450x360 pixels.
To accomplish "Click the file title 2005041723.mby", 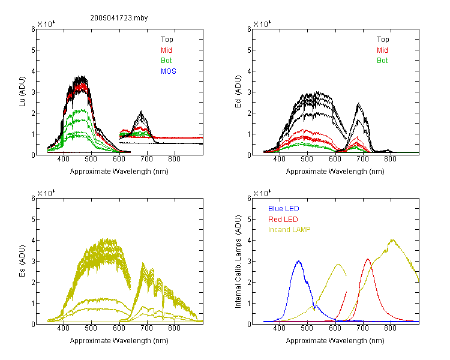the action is pos(119,18).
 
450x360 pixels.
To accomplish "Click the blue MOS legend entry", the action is pos(169,71).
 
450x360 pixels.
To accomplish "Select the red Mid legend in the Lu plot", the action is pos(166,50).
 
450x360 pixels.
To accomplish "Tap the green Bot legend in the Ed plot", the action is pos(382,61).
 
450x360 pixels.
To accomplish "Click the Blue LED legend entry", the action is pos(284,209).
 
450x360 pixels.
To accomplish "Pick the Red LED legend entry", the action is pos(283,220).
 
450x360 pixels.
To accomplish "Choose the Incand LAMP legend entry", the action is pos(289,230).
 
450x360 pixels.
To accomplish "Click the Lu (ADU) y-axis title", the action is pos(22,92).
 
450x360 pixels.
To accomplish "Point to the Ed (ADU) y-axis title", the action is pos(238,92).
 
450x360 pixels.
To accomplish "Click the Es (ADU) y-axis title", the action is pos(22,261).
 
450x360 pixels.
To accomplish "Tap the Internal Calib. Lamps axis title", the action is pos(238,262).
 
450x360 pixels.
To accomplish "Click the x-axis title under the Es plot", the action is pos(119,341).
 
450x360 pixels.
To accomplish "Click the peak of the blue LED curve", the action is pos(299,261).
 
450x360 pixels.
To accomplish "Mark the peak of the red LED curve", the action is pos(368,259).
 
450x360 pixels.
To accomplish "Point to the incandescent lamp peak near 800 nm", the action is pos(392,239).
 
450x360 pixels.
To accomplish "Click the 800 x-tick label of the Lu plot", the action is pos(174,159).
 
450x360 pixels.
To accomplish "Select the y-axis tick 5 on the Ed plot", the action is pos(250,50).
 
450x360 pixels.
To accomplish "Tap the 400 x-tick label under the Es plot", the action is pos(64,328).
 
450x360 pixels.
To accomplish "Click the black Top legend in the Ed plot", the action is pos(383,40).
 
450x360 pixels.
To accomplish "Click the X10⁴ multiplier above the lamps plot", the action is pos(262,193).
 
